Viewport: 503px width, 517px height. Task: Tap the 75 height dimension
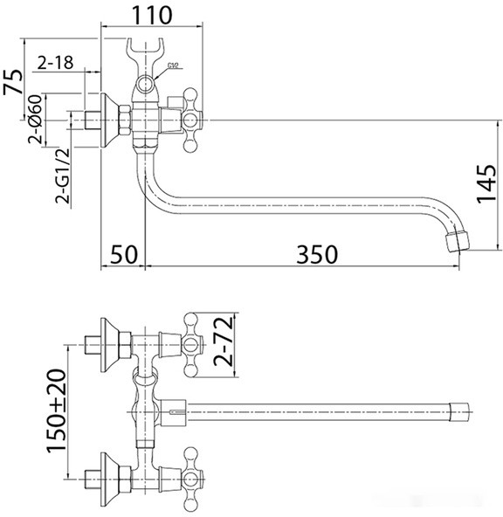coord(13,85)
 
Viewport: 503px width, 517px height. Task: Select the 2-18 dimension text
coord(54,63)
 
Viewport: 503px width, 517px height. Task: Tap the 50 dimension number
coord(126,254)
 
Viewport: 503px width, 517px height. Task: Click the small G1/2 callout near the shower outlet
coord(172,64)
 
